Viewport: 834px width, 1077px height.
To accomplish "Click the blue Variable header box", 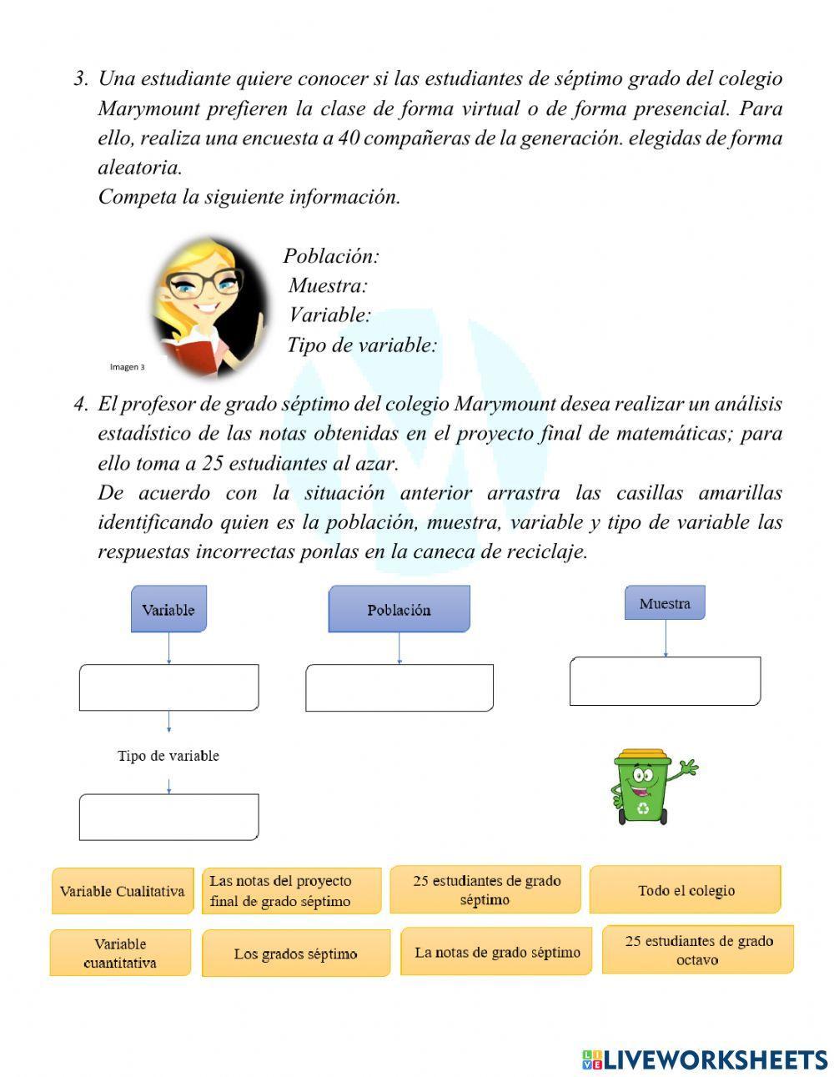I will coord(168,609).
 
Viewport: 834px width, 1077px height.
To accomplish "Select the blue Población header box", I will coord(399,609).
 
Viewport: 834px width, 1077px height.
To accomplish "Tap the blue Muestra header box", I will coord(665,602).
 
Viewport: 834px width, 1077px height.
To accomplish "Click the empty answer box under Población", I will coord(399,687).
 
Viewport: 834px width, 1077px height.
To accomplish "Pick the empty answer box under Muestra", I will coord(665,681).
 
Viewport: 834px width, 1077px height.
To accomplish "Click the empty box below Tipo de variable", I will coord(168,817).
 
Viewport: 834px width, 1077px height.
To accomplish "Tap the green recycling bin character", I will coord(645,787).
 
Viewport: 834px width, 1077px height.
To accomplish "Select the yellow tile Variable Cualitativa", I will coord(122,891).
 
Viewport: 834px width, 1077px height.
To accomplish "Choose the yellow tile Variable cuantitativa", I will coord(120,953).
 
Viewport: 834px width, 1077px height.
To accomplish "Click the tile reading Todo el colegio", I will coord(686,890).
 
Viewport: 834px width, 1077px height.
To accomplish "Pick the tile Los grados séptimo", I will coord(295,954).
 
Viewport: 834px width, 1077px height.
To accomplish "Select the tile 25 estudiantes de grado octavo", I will coord(698,950).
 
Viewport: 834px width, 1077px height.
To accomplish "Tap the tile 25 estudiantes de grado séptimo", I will coord(485,890).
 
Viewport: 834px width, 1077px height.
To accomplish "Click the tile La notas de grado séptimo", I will coord(497,952).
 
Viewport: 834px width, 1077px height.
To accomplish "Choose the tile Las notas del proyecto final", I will coord(291,891).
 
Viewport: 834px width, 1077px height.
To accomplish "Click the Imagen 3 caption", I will coord(127,366).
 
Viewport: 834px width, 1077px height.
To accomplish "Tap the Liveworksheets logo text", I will coord(705,1059).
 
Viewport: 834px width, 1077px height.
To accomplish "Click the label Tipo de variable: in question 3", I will coord(362,345).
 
